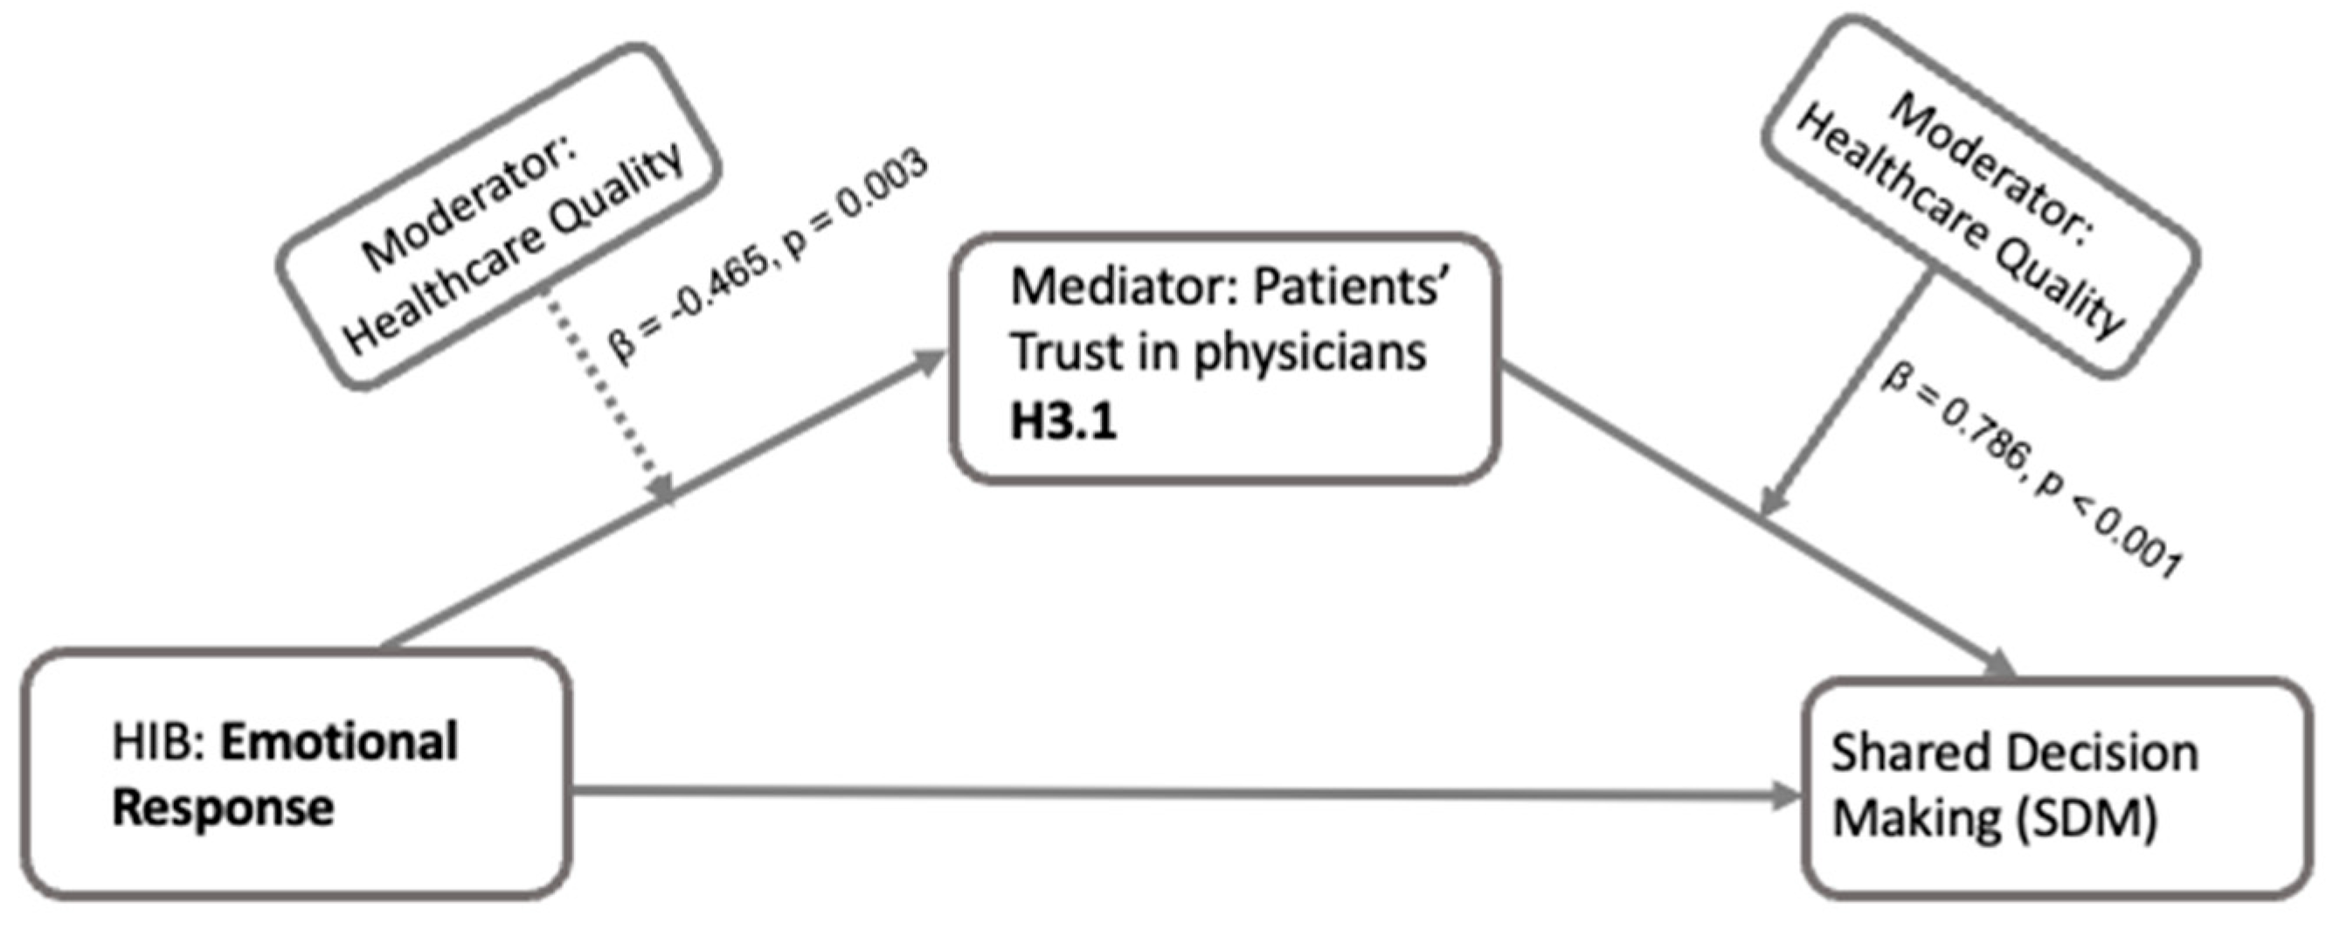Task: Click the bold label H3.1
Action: pos(1063,422)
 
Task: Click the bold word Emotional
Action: pos(340,743)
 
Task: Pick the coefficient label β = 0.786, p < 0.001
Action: pos(2029,471)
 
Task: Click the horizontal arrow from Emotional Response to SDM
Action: pos(1177,795)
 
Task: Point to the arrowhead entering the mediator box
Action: pos(928,362)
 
